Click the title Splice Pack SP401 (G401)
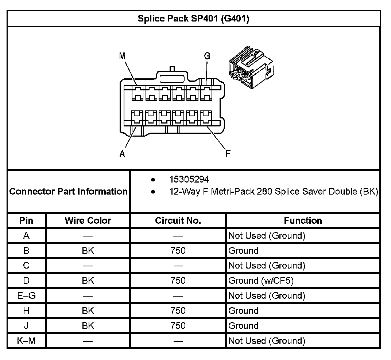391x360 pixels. [x=193, y=19]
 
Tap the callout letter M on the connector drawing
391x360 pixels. [x=123, y=56]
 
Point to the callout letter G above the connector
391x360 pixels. [x=207, y=56]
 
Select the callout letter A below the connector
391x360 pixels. [x=123, y=154]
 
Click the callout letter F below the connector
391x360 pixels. [x=228, y=154]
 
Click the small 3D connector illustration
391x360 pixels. [x=250, y=67]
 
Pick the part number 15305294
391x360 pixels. [x=189, y=179]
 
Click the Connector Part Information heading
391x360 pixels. [x=69, y=191]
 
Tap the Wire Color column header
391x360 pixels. [x=88, y=220]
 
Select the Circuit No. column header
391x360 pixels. [x=178, y=220]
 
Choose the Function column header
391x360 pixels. [x=303, y=220]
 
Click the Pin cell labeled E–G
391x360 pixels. [x=26, y=296]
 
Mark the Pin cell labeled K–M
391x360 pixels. [x=26, y=341]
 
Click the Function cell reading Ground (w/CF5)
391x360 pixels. [x=262, y=281]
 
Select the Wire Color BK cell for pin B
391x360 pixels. [x=88, y=251]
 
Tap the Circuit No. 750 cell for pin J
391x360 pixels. [x=178, y=326]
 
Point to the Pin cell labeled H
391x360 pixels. [x=26, y=311]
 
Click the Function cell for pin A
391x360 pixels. [x=266, y=236]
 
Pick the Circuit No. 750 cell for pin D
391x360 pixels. [x=178, y=281]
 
